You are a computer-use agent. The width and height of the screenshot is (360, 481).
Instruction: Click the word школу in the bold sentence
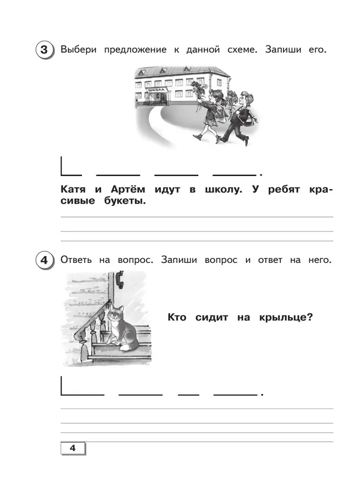222,189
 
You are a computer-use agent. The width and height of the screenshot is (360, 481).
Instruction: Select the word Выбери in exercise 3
78,50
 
